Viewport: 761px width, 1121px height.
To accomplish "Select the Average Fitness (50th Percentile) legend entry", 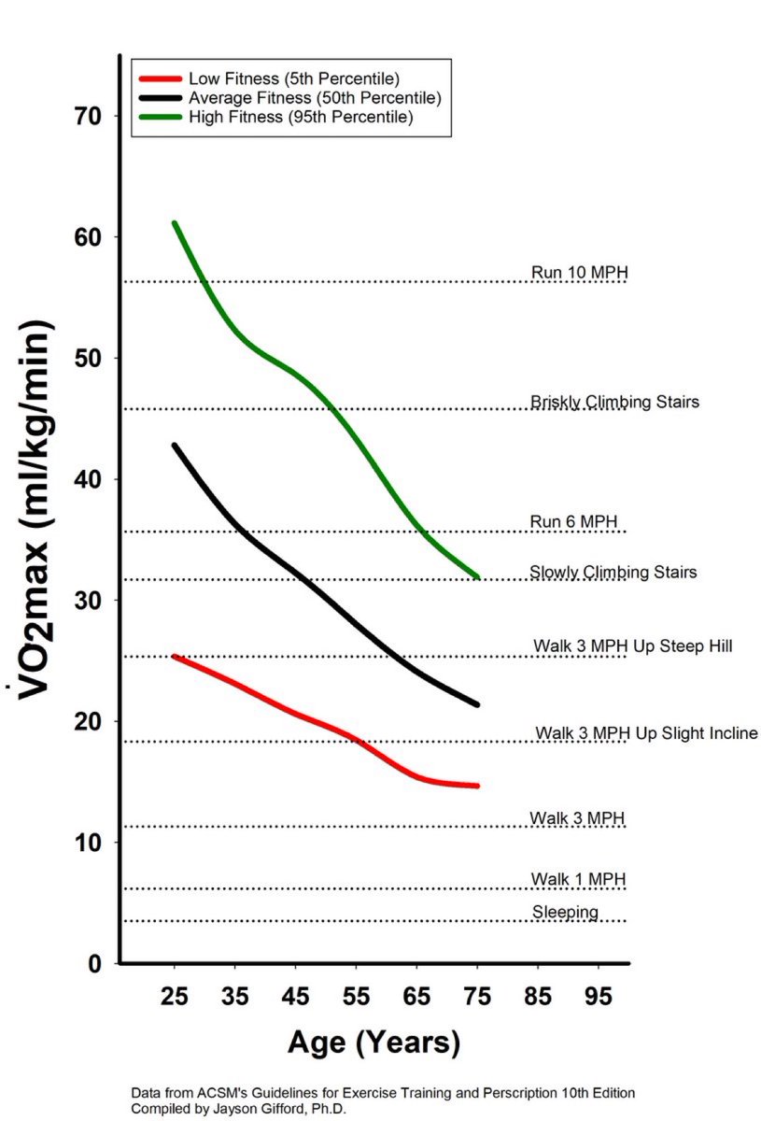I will coord(314,97).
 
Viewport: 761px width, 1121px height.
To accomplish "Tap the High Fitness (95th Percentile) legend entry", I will coord(300,117).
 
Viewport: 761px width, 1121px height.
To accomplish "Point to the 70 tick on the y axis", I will coord(94,116).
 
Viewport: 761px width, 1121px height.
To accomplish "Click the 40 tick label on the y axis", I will coord(94,479).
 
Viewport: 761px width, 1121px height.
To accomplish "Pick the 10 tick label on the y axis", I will coord(94,843).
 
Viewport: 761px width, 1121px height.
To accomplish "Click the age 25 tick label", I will coord(175,996).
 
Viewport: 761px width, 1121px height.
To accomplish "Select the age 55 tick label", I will coord(357,996).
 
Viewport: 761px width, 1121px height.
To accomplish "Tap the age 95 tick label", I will coord(599,996).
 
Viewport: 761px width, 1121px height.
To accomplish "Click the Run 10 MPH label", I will coord(579,273).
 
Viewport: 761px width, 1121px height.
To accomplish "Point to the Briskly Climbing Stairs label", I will coord(614,402).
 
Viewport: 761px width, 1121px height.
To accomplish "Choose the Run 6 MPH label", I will coord(573,521).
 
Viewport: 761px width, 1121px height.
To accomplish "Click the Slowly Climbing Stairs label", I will coord(613,572).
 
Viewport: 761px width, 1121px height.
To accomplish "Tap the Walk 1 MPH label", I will coord(578,879).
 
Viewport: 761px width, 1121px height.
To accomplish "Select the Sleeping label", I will coord(565,912).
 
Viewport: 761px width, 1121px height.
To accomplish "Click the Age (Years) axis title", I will coord(373,1042).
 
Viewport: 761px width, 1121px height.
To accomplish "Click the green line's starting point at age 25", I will coord(175,223).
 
